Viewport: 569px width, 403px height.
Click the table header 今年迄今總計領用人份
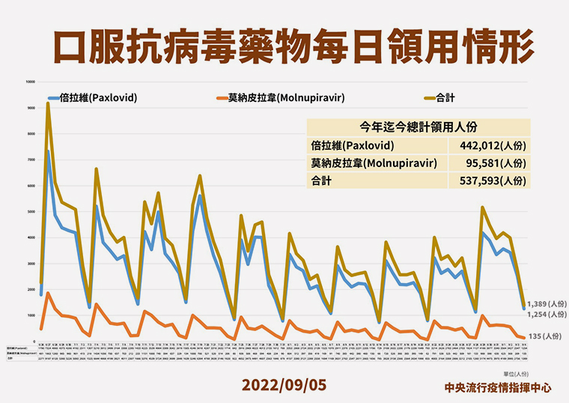point(419,127)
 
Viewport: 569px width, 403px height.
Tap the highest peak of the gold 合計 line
point(48,103)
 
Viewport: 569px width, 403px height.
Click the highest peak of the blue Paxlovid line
point(48,151)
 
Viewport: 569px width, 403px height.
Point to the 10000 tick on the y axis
point(30,82)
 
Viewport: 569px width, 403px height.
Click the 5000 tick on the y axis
point(30,211)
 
